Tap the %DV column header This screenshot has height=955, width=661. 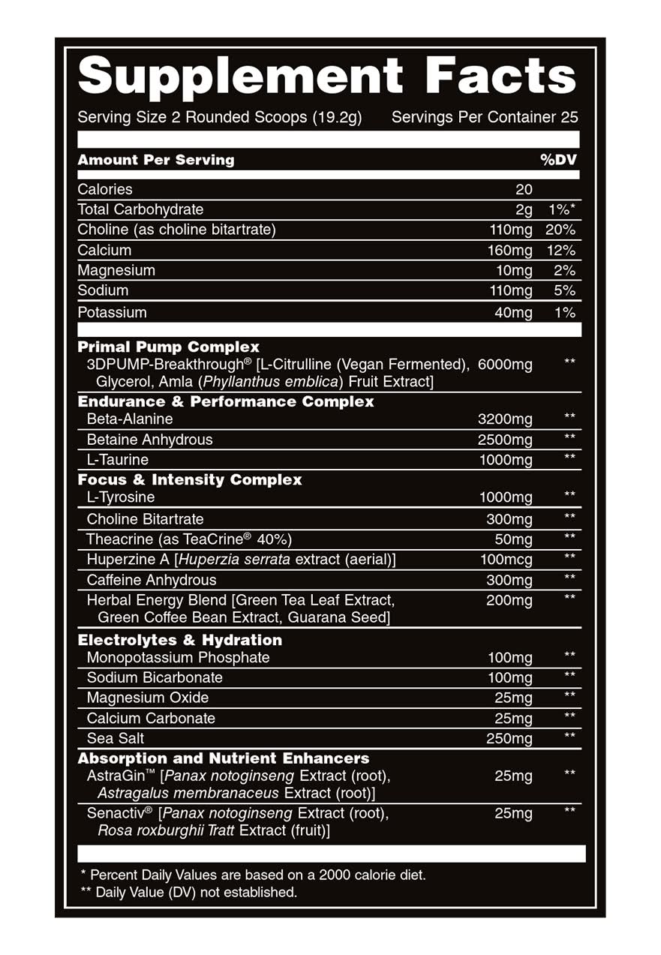click(x=558, y=160)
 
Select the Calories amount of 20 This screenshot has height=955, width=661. click(x=524, y=190)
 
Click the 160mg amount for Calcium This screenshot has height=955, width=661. click(x=509, y=251)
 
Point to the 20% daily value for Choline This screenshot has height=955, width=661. click(x=560, y=230)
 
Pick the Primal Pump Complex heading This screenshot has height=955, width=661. click(x=169, y=347)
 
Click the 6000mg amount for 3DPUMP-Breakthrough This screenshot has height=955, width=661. click(x=504, y=365)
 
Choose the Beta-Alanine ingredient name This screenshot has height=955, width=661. click(x=130, y=419)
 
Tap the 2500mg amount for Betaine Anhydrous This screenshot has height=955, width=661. click(x=505, y=440)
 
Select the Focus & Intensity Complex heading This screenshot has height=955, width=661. click(x=190, y=479)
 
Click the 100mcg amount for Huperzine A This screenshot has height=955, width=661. click(x=506, y=560)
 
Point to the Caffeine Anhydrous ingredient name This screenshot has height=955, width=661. click(x=152, y=580)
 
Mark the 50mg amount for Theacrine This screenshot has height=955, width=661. click(x=513, y=539)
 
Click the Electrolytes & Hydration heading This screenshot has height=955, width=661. click(x=180, y=640)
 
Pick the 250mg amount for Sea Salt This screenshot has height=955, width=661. click(x=509, y=739)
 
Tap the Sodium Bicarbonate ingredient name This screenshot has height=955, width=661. click(x=155, y=677)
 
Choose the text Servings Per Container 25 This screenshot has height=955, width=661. click(x=485, y=118)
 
